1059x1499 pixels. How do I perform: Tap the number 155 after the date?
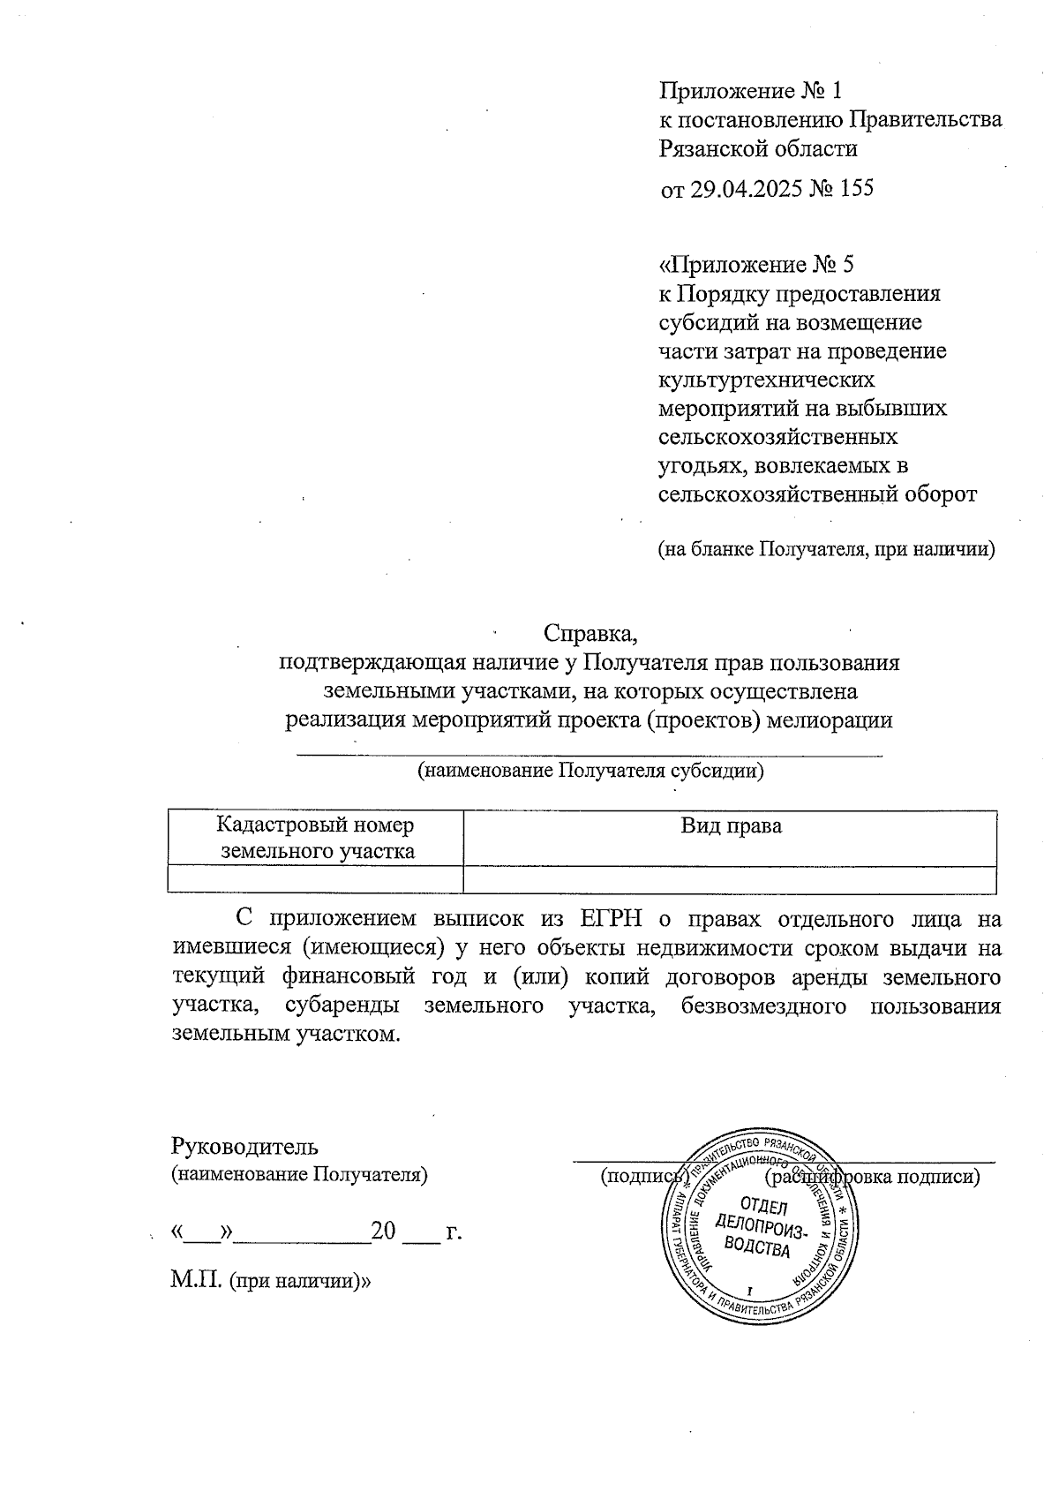pyautogui.click(x=854, y=188)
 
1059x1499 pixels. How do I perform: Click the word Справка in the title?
pyautogui.click(x=590, y=634)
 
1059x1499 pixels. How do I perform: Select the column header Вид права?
pyautogui.click(x=730, y=826)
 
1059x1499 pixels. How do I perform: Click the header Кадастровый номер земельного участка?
pyautogui.click(x=316, y=839)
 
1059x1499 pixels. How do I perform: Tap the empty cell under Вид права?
pyautogui.click(x=730, y=880)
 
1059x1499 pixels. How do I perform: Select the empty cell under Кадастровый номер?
pyautogui.click(x=316, y=880)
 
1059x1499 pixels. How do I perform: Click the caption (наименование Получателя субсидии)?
pyautogui.click(x=590, y=771)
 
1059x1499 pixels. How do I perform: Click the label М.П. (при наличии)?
pyautogui.click(x=270, y=1280)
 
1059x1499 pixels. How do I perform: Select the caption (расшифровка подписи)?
pyautogui.click(x=873, y=1177)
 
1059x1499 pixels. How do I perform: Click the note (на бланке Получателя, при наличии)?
pyautogui.click(x=827, y=549)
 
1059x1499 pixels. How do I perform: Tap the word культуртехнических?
pyautogui.click(x=767, y=380)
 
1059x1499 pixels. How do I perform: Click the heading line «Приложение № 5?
pyautogui.click(x=757, y=264)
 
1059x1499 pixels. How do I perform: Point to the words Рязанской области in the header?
pyautogui.click(x=758, y=148)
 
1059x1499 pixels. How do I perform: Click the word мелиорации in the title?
pyautogui.click(x=830, y=719)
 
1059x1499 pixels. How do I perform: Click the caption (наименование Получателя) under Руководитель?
pyautogui.click(x=299, y=1175)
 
